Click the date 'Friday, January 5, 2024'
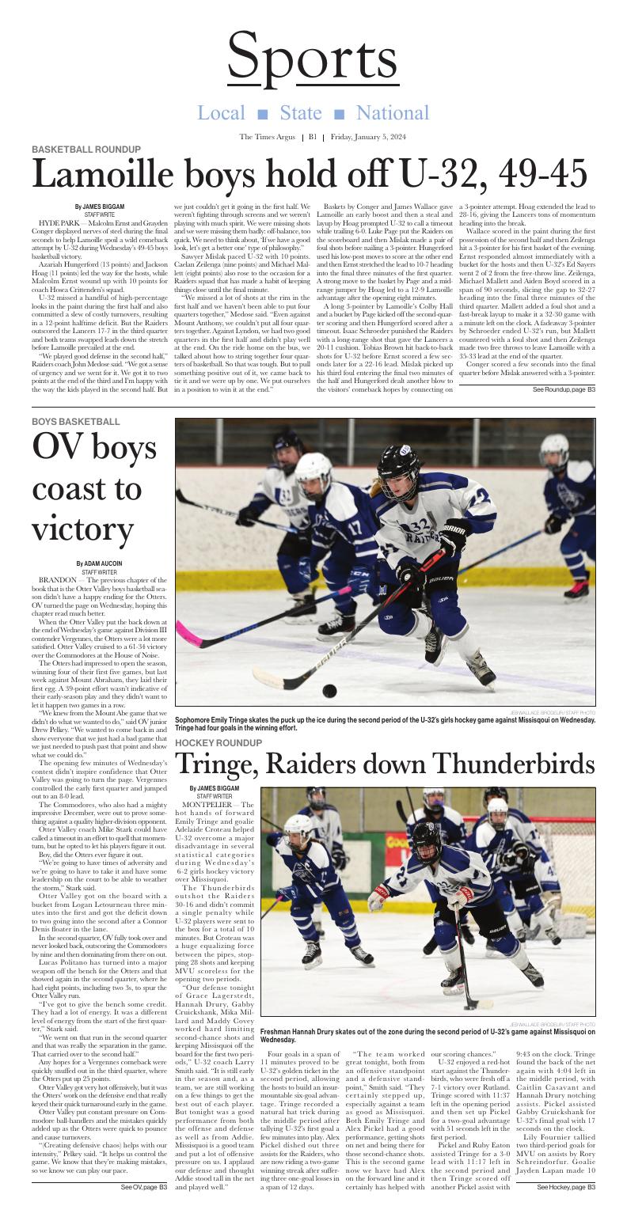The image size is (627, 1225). [368, 137]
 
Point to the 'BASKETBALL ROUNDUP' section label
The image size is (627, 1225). [86, 150]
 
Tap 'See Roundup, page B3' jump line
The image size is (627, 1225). [564, 390]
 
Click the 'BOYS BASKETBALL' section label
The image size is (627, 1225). [76, 422]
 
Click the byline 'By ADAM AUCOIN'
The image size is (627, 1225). [99, 563]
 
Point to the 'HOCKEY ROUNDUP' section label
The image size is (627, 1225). [218, 743]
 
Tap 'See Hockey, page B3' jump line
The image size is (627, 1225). [565, 1209]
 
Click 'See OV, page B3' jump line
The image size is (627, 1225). [143, 1209]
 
